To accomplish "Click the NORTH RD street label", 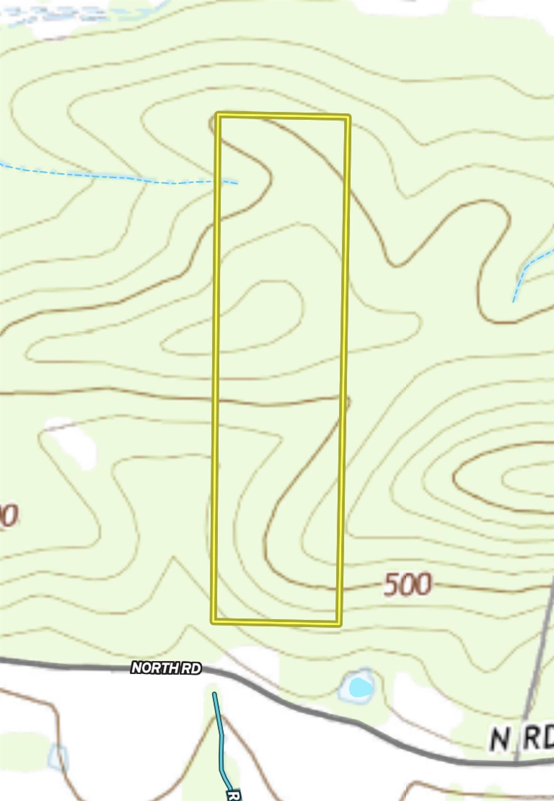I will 166,668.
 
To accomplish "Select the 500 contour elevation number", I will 407,584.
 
